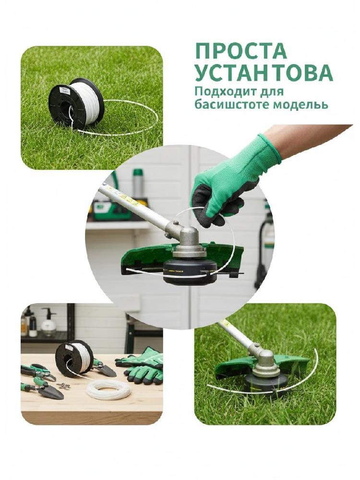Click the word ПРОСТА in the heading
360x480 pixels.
pos(241,51)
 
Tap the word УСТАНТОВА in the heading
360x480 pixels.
pos(264,73)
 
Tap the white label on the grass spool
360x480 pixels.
pos(64,90)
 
